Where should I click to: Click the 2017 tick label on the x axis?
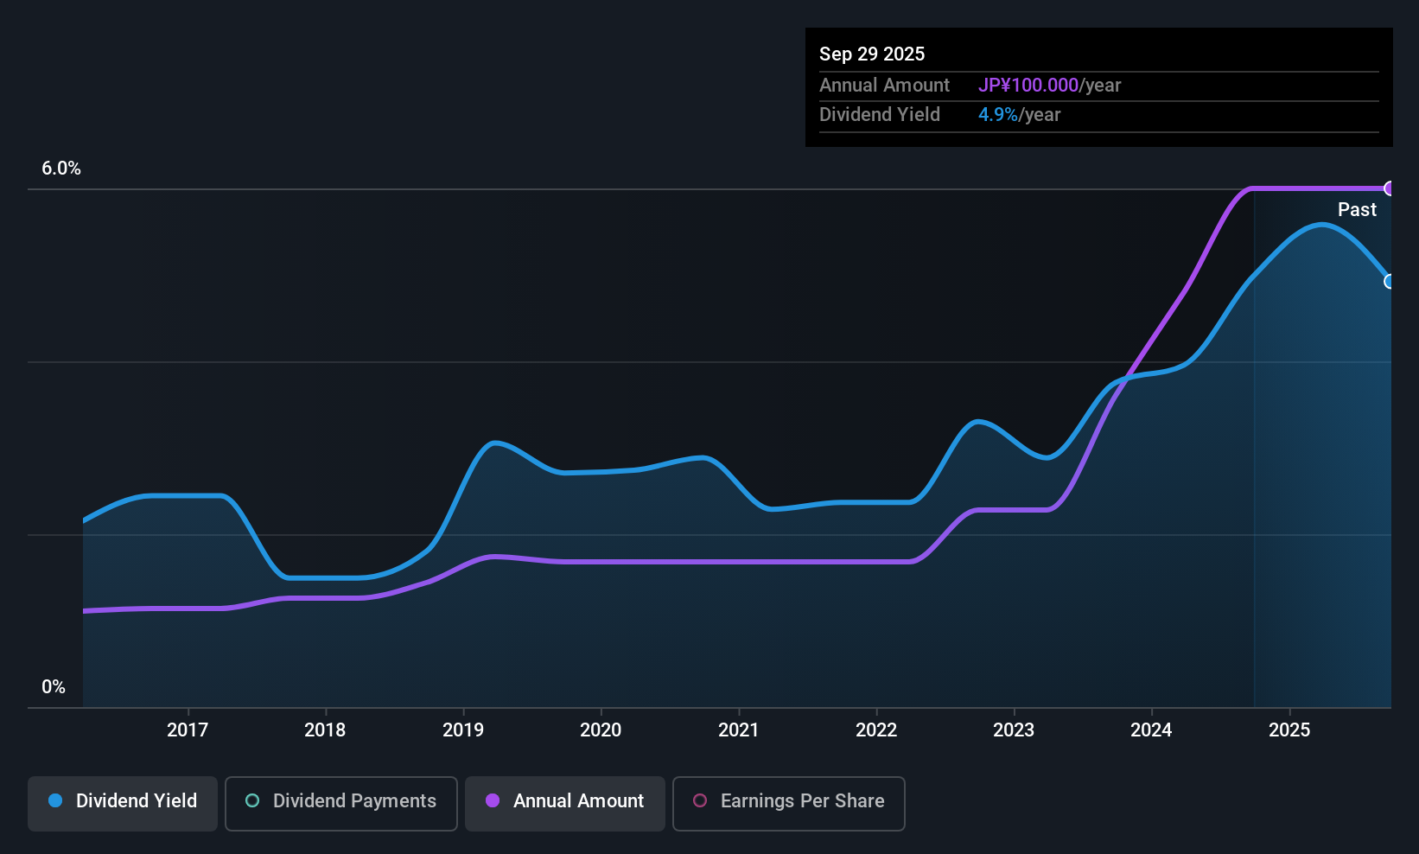click(188, 730)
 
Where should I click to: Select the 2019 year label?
click(463, 730)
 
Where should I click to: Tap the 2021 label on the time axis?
click(738, 730)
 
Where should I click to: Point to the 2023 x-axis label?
click(1014, 730)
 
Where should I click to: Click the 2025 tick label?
click(1289, 730)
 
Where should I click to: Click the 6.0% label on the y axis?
click(61, 169)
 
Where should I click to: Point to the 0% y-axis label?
click(54, 687)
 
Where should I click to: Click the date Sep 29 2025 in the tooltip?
click(872, 54)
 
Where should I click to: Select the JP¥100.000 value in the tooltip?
click(1028, 85)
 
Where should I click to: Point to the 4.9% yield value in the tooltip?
click(997, 115)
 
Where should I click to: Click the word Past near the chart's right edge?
click(1357, 209)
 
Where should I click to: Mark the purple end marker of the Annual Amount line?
click(1390, 188)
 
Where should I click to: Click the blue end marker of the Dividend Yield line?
click(1390, 282)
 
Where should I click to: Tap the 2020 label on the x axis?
click(601, 730)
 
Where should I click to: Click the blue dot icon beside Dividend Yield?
click(55, 800)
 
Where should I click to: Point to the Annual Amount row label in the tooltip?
click(884, 85)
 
